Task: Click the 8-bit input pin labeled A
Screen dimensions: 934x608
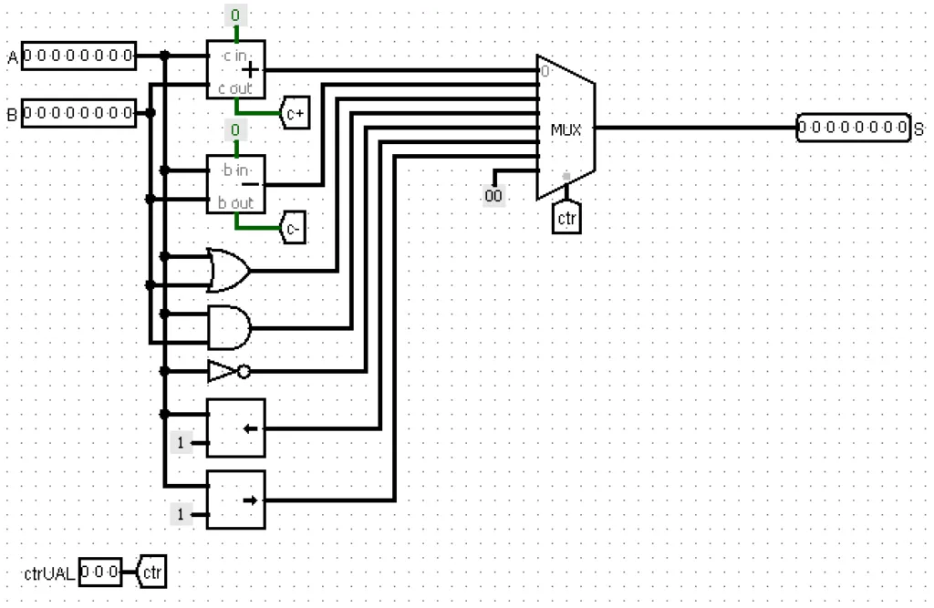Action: (x=78, y=56)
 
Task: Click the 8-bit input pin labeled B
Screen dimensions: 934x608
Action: (x=78, y=112)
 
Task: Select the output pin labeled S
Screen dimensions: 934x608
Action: (x=854, y=128)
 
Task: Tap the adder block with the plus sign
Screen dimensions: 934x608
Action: (x=236, y=69)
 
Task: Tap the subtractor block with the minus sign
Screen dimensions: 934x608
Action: (x=236, y=184)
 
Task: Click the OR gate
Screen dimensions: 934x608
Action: (x=229, y=271)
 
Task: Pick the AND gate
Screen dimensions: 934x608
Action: (x=229, y=327)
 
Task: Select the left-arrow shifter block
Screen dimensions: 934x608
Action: (x=236, y=428)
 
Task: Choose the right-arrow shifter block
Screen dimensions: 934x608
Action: (x=236, y=500)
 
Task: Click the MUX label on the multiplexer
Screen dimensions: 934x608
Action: (x=566, y=129)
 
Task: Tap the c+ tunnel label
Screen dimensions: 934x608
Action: (x=295, y=112)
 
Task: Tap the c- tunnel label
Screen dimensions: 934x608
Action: (x=293, y=227)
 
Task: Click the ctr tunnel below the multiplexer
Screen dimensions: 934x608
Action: (x=566, y=218)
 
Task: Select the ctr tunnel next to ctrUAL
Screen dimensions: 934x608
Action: (x=151, y=572)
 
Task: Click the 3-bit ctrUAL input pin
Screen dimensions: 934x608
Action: (x=100, y=572)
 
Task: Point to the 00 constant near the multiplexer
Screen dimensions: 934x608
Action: (x=493, y=195)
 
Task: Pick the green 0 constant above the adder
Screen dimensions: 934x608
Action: (x=236, y=15)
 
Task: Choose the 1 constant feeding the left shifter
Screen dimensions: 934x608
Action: (x=182, y=442)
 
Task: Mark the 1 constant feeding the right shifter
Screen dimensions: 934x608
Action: (x=182, y=514)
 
